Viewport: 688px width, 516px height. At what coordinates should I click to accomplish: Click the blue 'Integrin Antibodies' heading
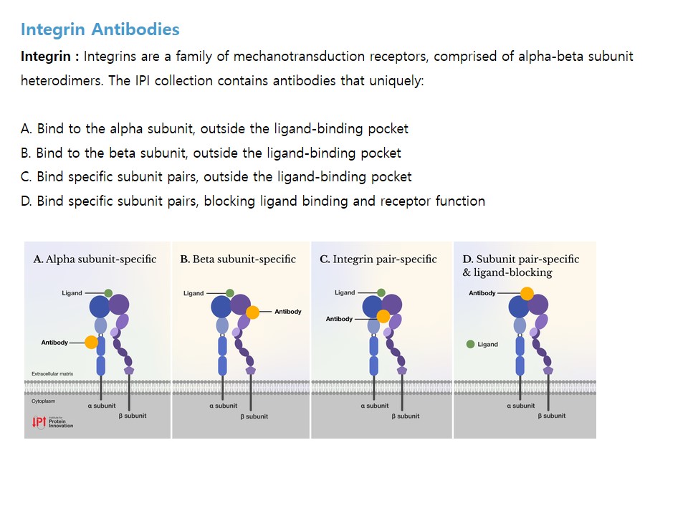pyautogui.click(x=100, y=29)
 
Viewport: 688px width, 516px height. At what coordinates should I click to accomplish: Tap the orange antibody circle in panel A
pyautogui.click(x=91, y=343)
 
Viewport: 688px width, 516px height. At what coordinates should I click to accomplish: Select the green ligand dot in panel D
pyautogui.click(x=470, y=345)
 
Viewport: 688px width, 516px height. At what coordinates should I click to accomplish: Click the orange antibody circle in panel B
pyautogui.click(x=252, y=312)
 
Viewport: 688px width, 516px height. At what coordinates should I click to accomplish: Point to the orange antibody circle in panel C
pyautogui.click(x=383, y=316)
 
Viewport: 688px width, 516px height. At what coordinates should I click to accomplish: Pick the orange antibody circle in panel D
pyautogui.click(x=527, y=293)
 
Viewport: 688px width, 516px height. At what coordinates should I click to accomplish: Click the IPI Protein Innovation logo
pyautogui.click(x=52, y=422)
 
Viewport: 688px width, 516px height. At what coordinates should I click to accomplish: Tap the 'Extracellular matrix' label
pyautogui.click(x=52, y=374)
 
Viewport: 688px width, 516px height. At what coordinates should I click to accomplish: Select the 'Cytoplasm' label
pyautogui.click(x=44, y=401)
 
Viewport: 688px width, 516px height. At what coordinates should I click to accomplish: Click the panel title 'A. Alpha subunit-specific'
pyautogui.click(x=95, y=259)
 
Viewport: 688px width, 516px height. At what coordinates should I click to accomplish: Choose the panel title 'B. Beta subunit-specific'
pyautogui.click(x=238, y=259)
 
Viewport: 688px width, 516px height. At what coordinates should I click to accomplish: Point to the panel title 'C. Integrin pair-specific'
pyautogui.click(x=378, y=259)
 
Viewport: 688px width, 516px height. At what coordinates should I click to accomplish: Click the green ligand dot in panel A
pyautogui.click(x=108, y=293)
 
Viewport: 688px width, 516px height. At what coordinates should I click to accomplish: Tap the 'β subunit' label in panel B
pyautogui.click(x=254, y=416)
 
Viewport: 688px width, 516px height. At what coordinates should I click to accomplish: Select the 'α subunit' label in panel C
pyautogui.click(x=375, y=406)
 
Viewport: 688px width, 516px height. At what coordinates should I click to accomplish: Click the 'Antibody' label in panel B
pyautogui.click(x=288, y=312)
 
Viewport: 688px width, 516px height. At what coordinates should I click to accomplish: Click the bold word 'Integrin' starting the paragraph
pyautogui.click(x=46, y=57)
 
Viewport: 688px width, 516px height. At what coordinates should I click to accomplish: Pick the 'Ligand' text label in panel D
pyautogui.click(x=488, y=345)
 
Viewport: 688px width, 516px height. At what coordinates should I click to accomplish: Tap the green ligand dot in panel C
pyautogui.click(x=381, y=292)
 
